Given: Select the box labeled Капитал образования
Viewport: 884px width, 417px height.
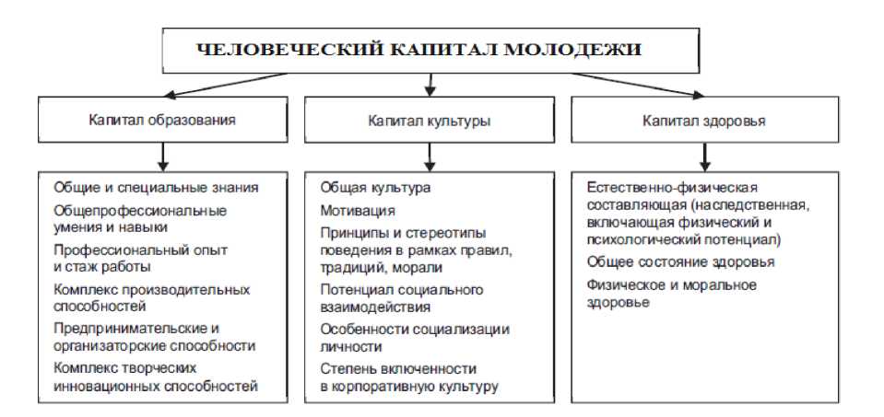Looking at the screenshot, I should click(x=161, y=120).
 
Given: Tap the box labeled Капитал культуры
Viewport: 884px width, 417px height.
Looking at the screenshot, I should click(x=430, y=120).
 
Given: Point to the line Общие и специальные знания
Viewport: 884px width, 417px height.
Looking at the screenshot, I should click(x=155, y=187).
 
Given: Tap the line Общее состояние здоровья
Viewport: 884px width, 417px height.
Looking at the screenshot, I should click(x=680, y=262).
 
